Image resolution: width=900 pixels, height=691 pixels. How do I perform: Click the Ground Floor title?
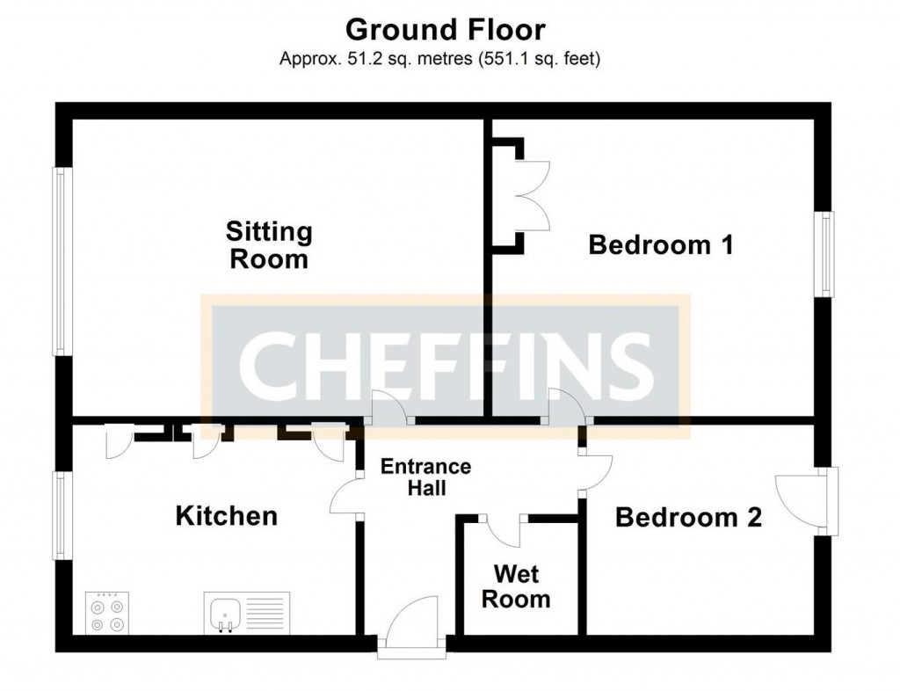coord(446,30)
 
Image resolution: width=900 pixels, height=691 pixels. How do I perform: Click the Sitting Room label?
coord(269,245)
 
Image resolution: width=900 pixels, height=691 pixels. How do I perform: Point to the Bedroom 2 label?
coord(688,517)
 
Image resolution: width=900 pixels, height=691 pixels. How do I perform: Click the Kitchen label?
coord(227,515)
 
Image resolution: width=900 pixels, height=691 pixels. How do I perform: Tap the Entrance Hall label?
coord(425,476)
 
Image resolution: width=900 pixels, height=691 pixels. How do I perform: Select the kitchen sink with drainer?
coord(247,612)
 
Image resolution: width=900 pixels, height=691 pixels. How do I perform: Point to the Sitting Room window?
coord(61,261)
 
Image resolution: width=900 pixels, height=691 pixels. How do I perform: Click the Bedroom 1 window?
coord(826,254)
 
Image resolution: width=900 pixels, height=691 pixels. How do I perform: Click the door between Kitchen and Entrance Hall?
coord(346,498)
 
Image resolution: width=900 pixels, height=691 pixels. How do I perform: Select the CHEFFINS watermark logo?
coord(446,364)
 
